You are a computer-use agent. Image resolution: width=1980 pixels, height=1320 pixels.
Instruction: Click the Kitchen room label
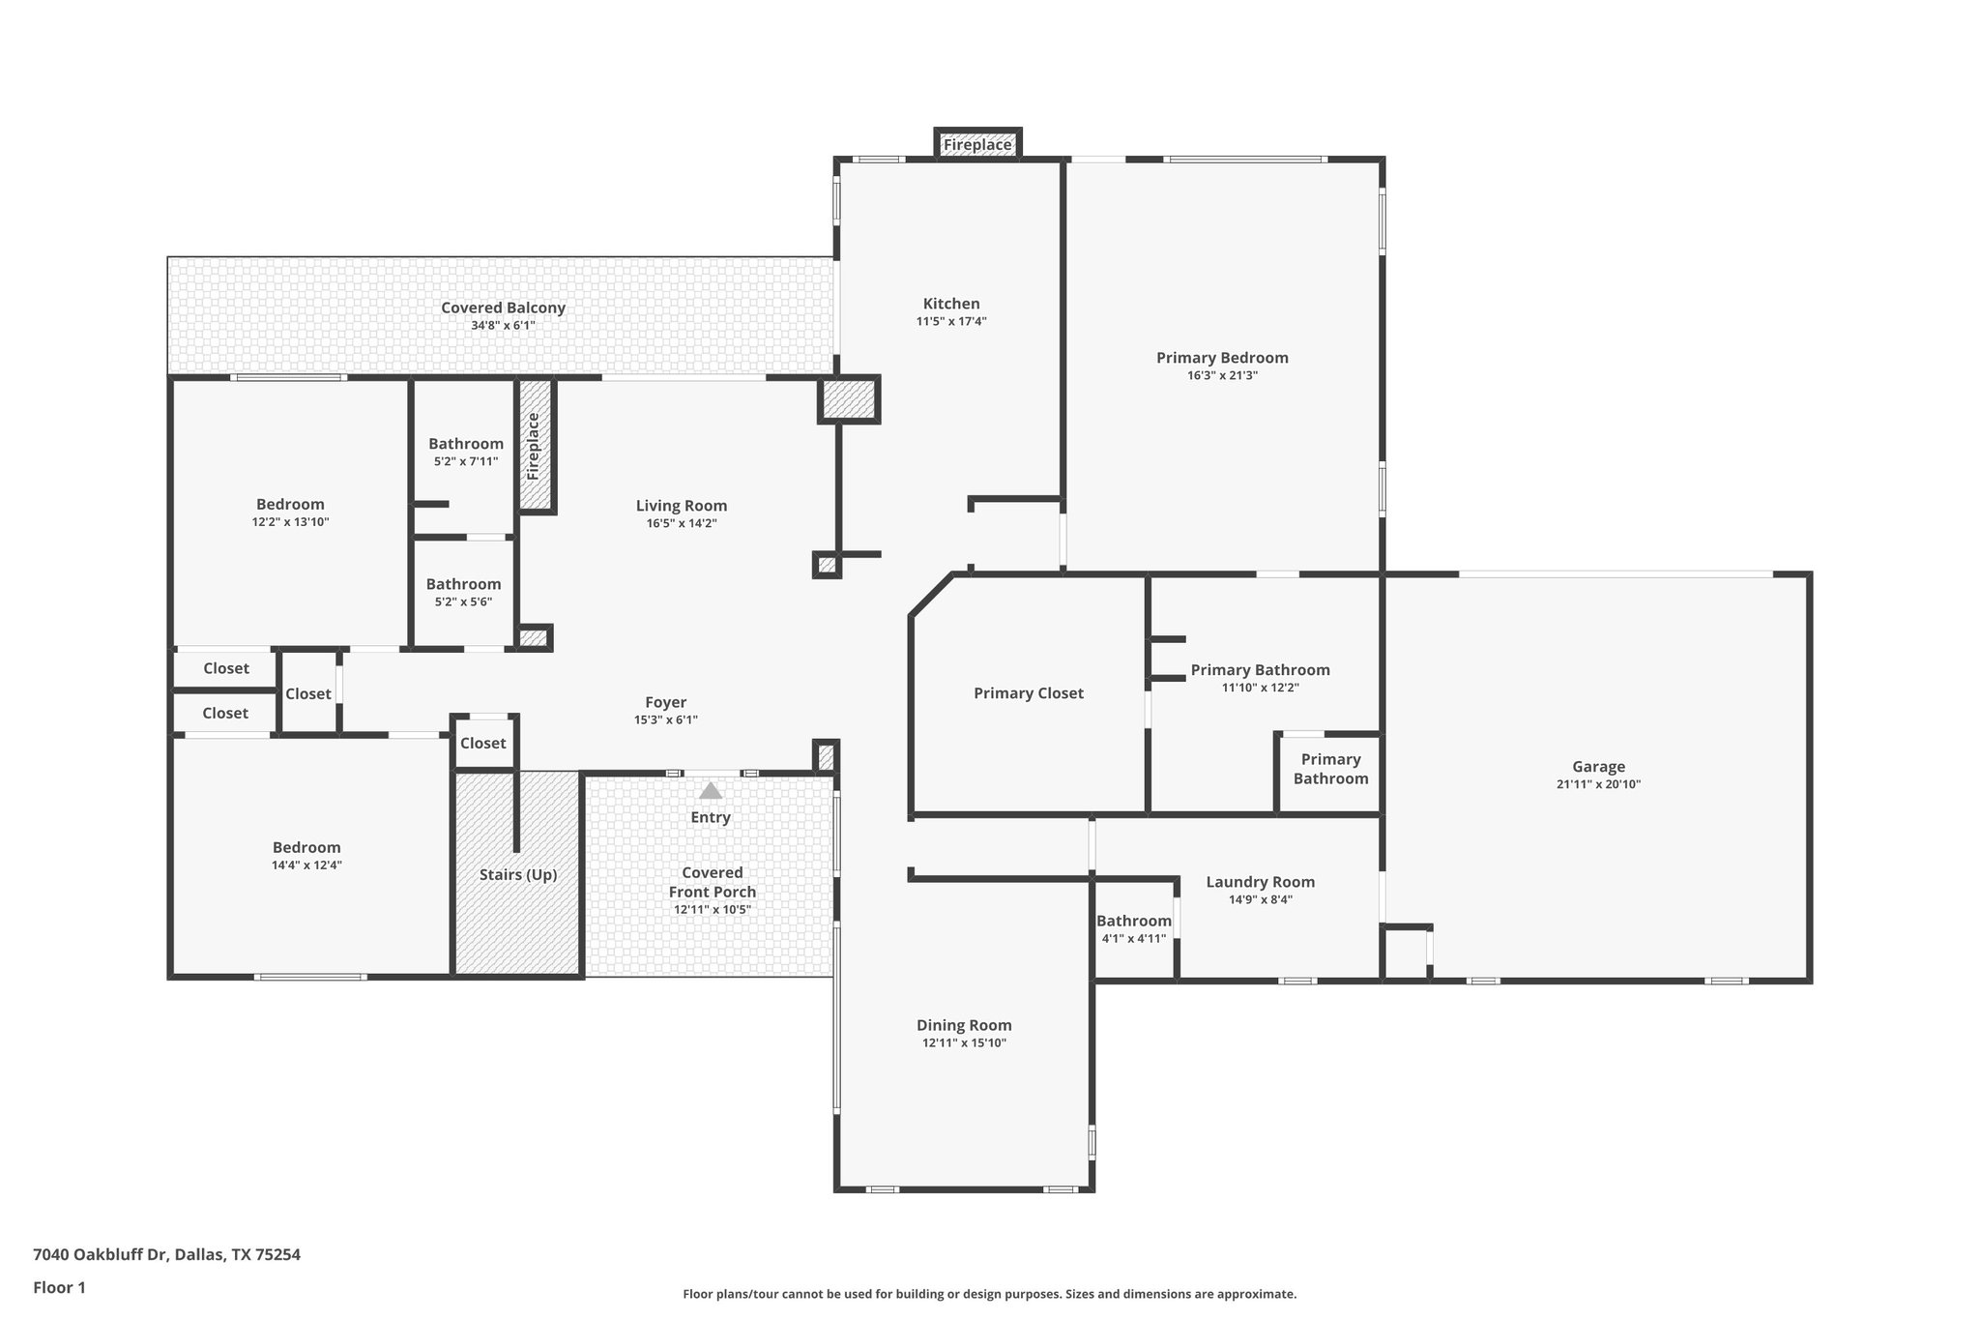[x=951, y=304]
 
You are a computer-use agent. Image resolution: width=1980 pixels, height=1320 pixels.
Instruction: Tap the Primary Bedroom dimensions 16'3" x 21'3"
[x=1222, y=375]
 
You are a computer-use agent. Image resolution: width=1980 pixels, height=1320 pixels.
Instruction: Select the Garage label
[x=1597, y=767]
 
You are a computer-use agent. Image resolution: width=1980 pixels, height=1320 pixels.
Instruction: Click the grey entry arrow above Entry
[x=711, y=791]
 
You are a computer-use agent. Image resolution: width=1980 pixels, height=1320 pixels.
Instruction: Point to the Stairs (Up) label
[x=518, y=874]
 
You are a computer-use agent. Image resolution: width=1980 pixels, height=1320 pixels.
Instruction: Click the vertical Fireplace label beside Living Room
[x=533, y=446]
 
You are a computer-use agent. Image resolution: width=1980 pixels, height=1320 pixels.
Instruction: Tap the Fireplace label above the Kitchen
[x=977, y=145]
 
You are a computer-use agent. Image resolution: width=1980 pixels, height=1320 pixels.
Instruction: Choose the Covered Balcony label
[x=503, y=308]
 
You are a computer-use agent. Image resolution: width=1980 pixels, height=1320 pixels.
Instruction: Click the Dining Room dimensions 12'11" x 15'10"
[x=964, y=1042]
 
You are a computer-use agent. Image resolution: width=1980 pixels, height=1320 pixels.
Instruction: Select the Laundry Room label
[x=1260, y=882]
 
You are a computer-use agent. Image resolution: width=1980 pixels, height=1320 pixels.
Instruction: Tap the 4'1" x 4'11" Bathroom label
[x=1133, y=921]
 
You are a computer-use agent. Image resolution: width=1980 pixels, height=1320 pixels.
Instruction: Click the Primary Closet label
[x=1028, y=692]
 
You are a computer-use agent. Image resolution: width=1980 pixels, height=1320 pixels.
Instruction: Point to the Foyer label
[x=665, y=702]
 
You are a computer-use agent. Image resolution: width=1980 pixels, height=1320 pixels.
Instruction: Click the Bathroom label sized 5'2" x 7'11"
[x=466, y=444]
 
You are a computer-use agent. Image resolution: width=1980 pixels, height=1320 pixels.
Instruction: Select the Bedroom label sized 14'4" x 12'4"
[x=306, y=847]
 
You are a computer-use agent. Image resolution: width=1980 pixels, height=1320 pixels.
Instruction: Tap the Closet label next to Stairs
[x=482, y=743]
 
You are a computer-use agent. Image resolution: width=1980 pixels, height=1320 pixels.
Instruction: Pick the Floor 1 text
[x=59, y=1287]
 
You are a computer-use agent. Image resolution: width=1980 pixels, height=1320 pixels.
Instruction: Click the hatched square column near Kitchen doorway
[x=849, y=399]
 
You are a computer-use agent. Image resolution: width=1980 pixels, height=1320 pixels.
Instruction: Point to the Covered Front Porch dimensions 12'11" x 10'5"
[x=712, y=909]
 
